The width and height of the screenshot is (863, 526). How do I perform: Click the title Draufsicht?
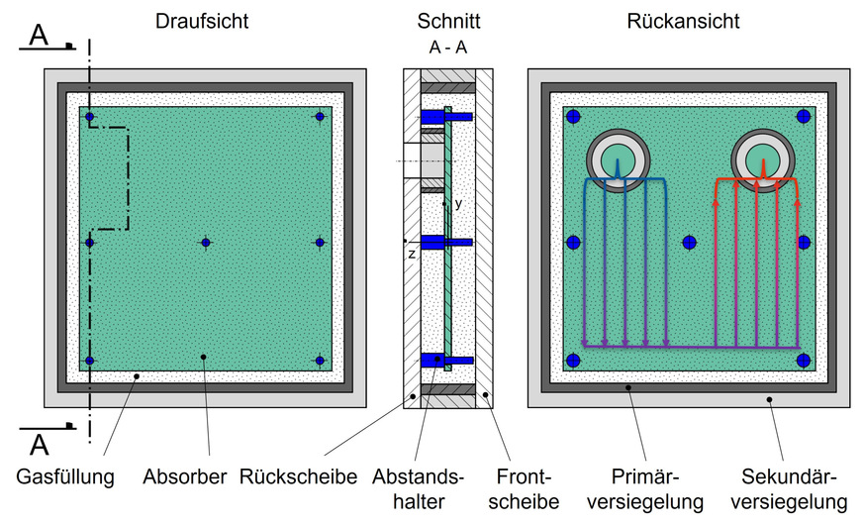click(202, 22)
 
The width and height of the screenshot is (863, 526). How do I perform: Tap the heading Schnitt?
click(448, 22)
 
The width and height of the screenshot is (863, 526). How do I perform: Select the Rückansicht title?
click(683, 22)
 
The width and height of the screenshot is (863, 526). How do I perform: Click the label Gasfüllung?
click(65, 477)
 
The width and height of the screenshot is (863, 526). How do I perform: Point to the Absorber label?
click(185, 477)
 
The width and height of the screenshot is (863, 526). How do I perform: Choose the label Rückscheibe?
click(298, 477)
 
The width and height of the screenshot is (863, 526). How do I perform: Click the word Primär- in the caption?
click(645, 477)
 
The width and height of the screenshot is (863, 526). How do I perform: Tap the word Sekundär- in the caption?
click(789, 477)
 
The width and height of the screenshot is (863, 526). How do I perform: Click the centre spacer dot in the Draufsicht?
click(206, 243)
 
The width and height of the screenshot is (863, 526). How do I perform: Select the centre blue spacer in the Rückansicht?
click(689, 243)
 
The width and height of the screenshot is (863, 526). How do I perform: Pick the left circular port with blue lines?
click(619, 160)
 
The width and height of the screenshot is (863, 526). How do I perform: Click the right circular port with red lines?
click(763, 160)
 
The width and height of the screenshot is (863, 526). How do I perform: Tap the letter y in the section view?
click(458, 203)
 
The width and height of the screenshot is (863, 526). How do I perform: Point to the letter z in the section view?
click(412, 255)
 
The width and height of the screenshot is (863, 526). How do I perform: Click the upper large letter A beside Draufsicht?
click(39, 36)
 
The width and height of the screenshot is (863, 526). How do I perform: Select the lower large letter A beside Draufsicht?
click(39, 445)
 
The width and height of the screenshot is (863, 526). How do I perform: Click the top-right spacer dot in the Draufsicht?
click(320, 116)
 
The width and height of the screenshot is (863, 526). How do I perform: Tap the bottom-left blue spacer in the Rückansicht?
click(573, 361)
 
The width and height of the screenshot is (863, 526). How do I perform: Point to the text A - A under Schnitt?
click(448, 48)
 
